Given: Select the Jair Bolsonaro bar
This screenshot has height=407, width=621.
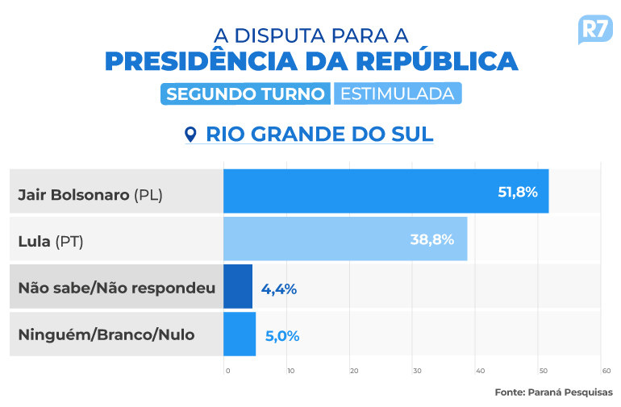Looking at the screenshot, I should tap(386, 191).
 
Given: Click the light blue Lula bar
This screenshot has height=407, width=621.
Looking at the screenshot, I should tap(344, 239).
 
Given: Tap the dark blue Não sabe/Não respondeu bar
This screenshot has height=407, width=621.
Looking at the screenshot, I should tap(237, 286).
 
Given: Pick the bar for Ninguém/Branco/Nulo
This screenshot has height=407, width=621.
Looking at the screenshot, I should tap(239, 334).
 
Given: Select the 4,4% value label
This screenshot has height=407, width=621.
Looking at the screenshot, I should tap(279, 287).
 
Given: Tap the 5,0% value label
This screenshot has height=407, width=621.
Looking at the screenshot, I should tap(282, 335).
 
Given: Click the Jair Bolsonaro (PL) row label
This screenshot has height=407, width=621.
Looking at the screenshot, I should tap(90, 194).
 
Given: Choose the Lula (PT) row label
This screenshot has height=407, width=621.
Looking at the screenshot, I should tap(51, 241).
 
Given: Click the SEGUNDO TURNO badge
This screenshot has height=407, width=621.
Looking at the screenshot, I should tap(245, 93).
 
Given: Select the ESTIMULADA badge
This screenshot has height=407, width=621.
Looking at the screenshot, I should tap(397, 93).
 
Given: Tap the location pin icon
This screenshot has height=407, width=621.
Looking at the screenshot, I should tap(191, 134).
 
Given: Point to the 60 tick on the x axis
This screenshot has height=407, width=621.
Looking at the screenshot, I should tap(606, 371).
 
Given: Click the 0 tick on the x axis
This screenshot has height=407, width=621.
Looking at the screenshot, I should tap(227, 371).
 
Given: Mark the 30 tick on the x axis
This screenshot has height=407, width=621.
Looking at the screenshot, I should tap(417, 371).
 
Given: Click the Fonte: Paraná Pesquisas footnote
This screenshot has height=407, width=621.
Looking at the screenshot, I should tap(553, 392).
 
